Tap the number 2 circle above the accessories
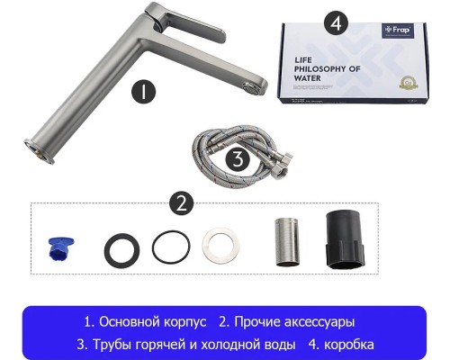(x=184, y=202)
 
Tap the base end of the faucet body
(x=36, y=146)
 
